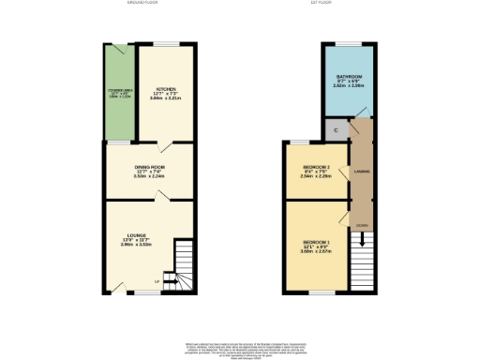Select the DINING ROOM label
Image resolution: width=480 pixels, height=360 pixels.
[x=149, y=169]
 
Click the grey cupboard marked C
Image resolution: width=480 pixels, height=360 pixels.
[x=334, y=129]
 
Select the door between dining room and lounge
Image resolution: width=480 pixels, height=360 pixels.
[x=161, y=197]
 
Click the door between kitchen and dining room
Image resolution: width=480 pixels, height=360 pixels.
[x=164, y=143]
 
